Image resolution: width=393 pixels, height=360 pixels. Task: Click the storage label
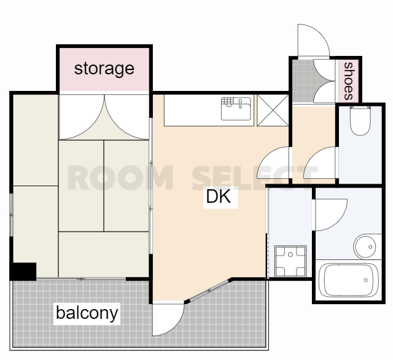click(x=104, y=69)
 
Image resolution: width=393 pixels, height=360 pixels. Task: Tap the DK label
click(x=219, y=197)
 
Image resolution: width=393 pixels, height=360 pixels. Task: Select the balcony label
click(x=87, y=313)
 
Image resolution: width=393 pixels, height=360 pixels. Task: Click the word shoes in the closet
click(x=348, y=81)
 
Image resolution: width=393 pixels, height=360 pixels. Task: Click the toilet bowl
click(x=360, y=120)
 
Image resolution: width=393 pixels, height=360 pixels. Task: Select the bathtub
click(x=348, y=280)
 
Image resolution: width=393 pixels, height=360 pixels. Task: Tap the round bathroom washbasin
click(x=365, y=247)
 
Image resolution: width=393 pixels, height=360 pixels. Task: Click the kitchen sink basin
click(x=236, y=109)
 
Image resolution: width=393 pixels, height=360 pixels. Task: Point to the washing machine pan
click(x=290, y=261)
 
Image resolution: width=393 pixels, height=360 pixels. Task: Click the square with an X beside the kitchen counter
click(x=273, y=111)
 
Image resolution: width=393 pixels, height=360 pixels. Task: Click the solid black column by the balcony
click(x=23, y=272)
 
